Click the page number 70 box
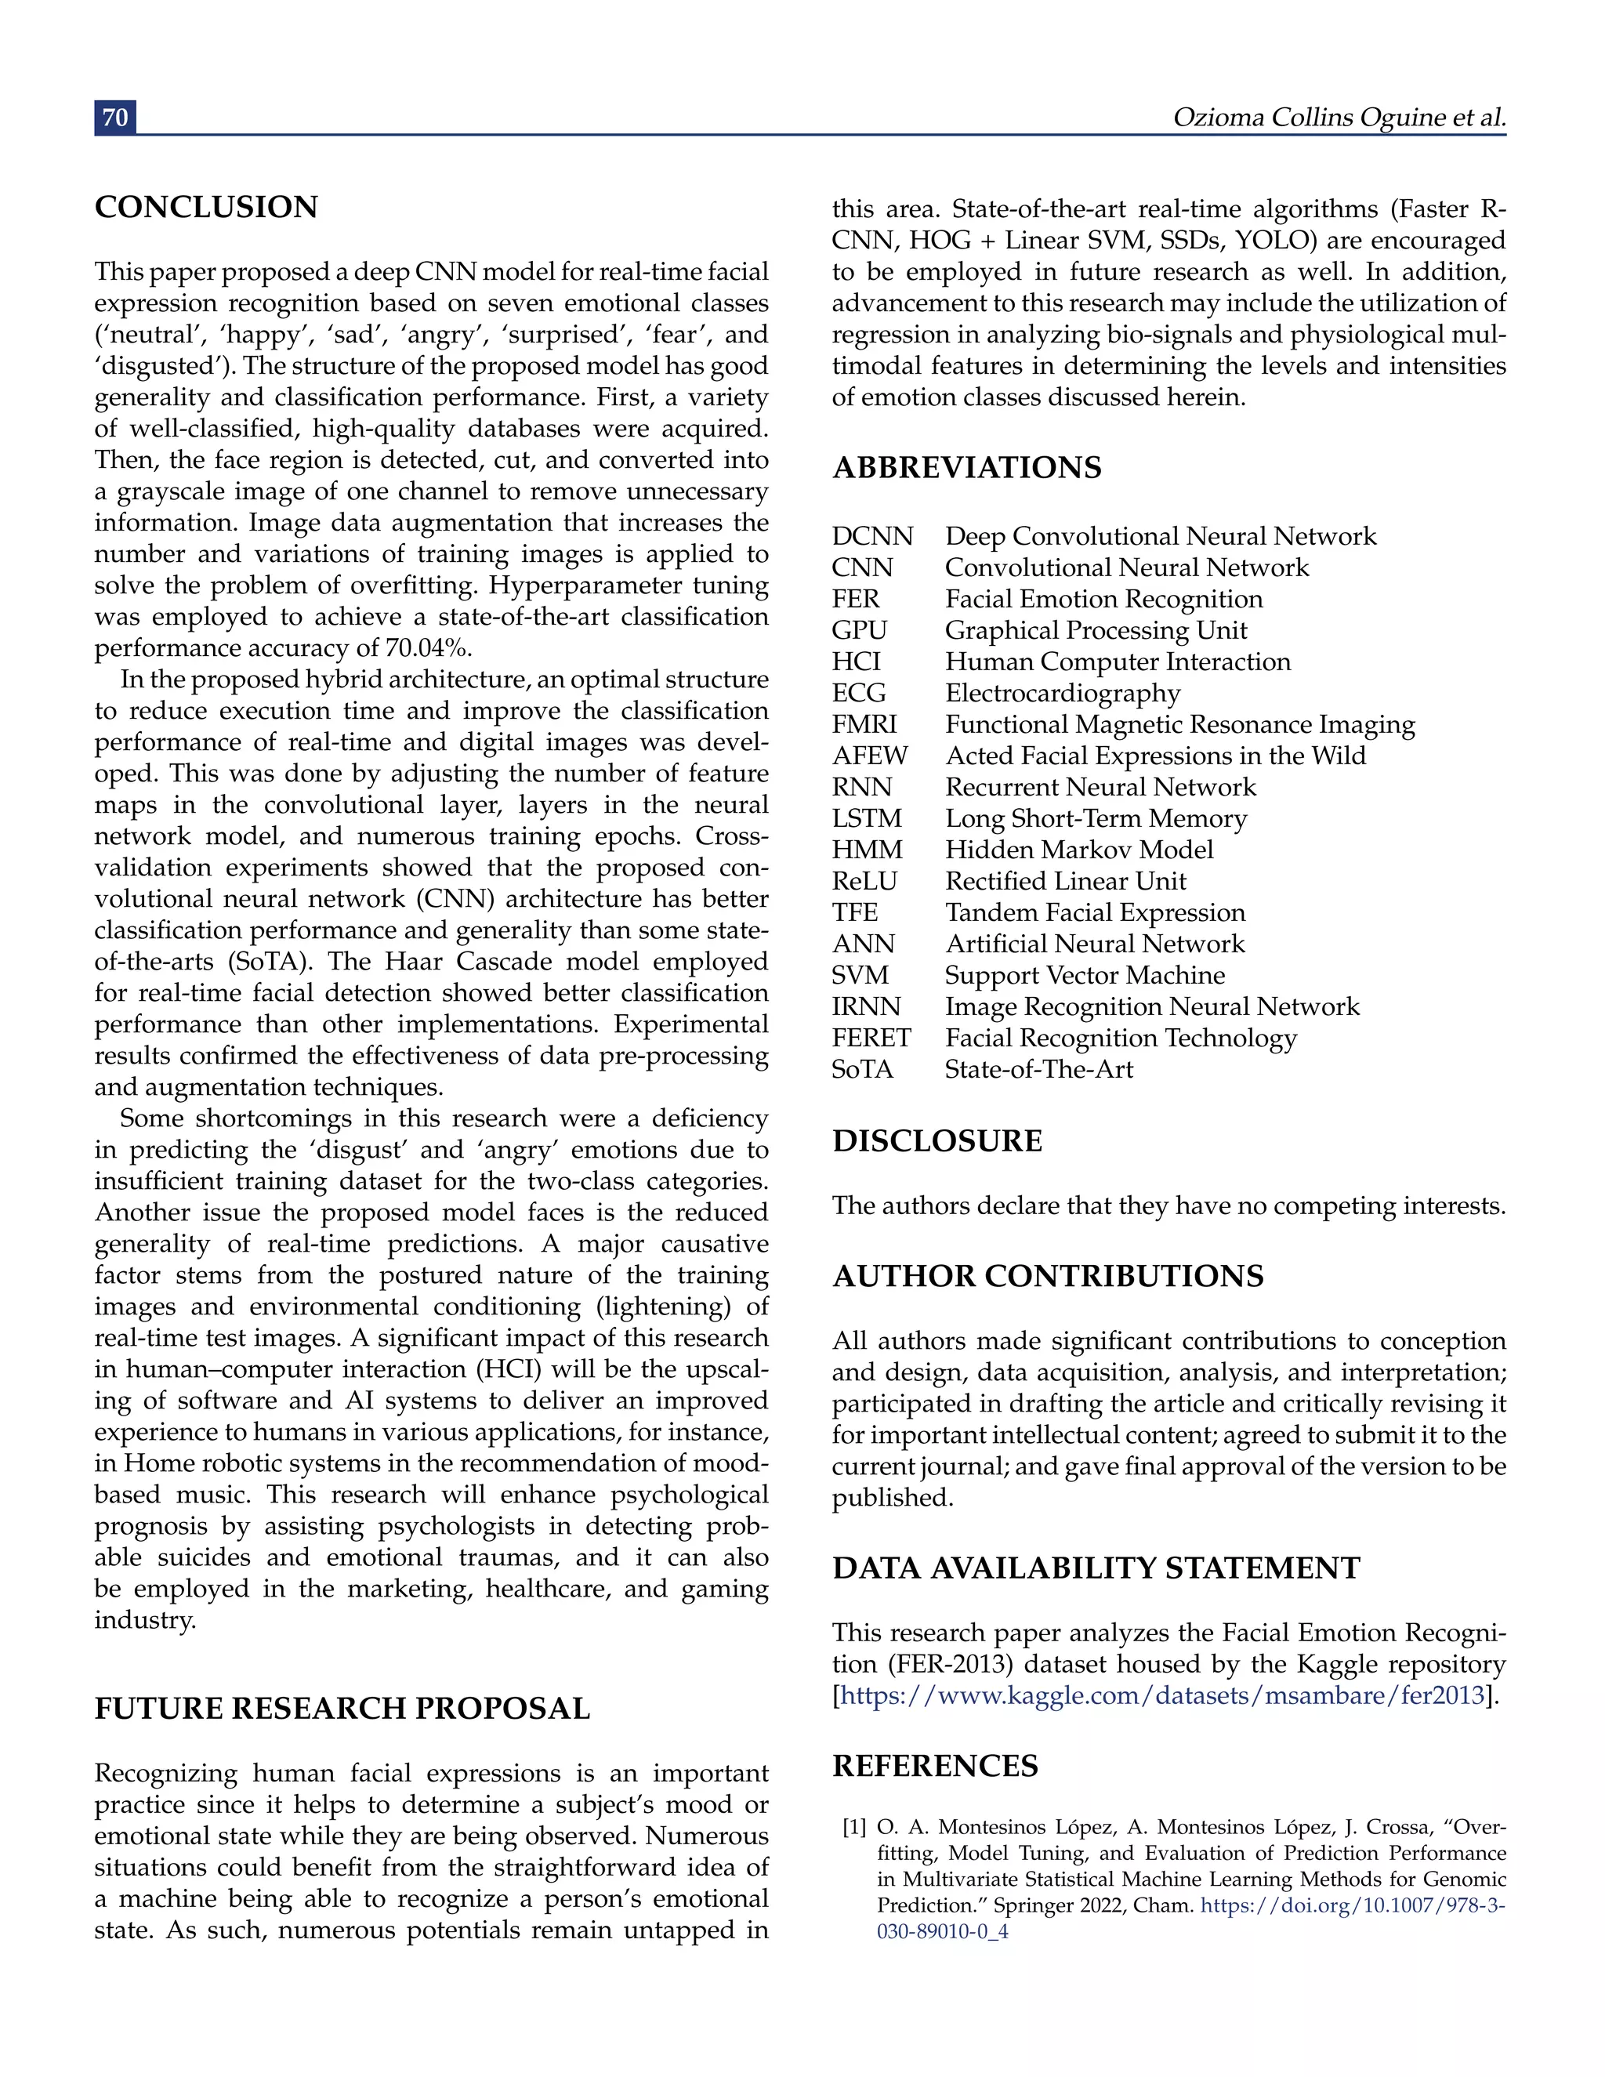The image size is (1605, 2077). click(x=115, y=117)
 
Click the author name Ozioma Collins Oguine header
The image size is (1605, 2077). click(x=1339, y=117)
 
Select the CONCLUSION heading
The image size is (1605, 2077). click(x=206, y=208)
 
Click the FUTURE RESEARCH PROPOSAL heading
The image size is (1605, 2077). click(x=342, y=1709)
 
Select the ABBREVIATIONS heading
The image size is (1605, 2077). click(x=967, y=468)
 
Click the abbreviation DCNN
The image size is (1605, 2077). click(x=872, y=536)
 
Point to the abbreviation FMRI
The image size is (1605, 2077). click(x=864, y=725)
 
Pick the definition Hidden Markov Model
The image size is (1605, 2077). click(x=1079, y=850)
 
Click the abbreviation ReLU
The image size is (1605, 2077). click(x=864, y=882)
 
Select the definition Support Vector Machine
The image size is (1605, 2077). click(x=1085, y=976)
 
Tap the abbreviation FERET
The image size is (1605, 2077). click(x=871, y=1038)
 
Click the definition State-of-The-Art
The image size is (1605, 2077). click(x=1039, y=1070)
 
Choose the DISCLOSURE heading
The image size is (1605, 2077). click(x=937, y=1141)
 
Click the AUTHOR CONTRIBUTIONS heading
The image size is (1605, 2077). click(x=1048, y=1276)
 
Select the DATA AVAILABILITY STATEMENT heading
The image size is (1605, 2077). click(x=1096, y=1568)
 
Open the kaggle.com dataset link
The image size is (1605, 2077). click(x=1163, y=1695)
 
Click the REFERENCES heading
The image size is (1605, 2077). click(x=936, y=1766)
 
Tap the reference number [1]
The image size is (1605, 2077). click(x=854, y=1828)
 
